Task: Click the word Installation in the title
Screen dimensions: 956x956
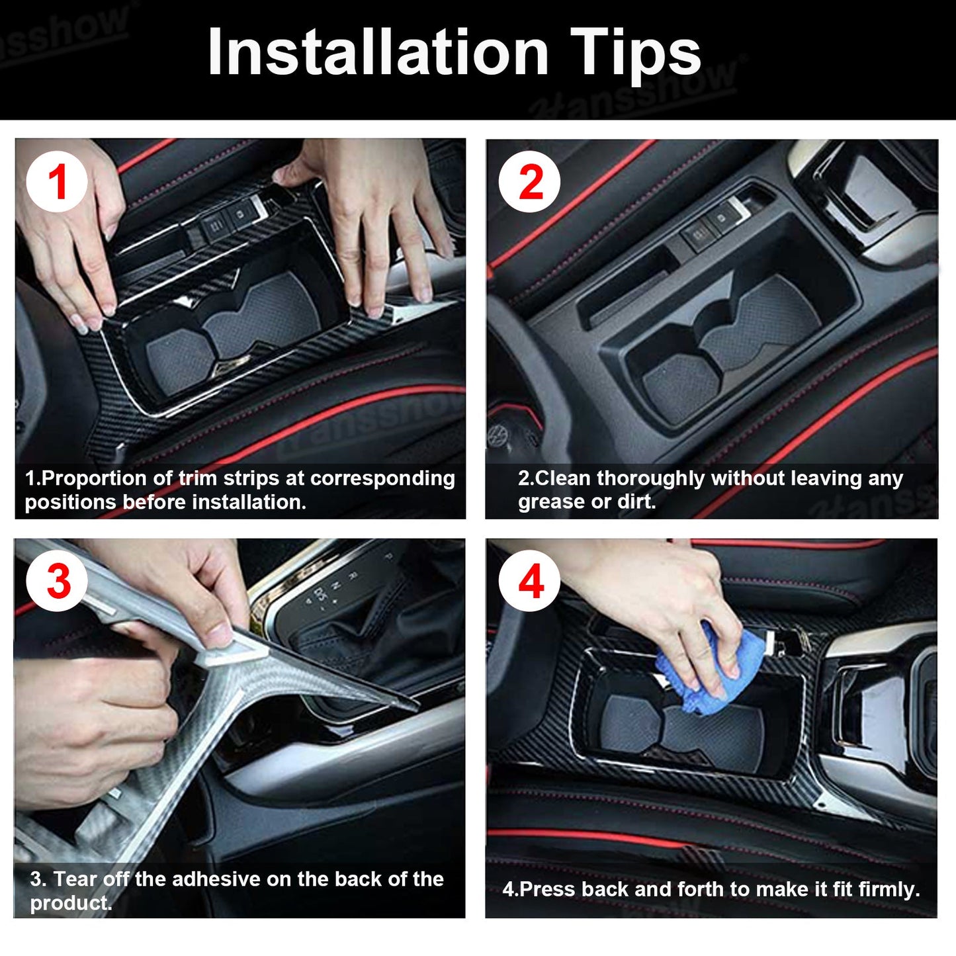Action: [x=378, y=52]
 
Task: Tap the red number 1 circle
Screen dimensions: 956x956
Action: [x=58, y=182]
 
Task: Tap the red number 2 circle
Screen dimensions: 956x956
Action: [x=529, y=182]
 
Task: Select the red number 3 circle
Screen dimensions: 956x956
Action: [x=58, y=582]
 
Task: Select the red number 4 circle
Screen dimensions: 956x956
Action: [x=529, y=582]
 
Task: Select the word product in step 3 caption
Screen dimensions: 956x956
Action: [x=69, y=903]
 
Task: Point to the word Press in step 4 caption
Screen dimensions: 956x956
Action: [x=548, y=889]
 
